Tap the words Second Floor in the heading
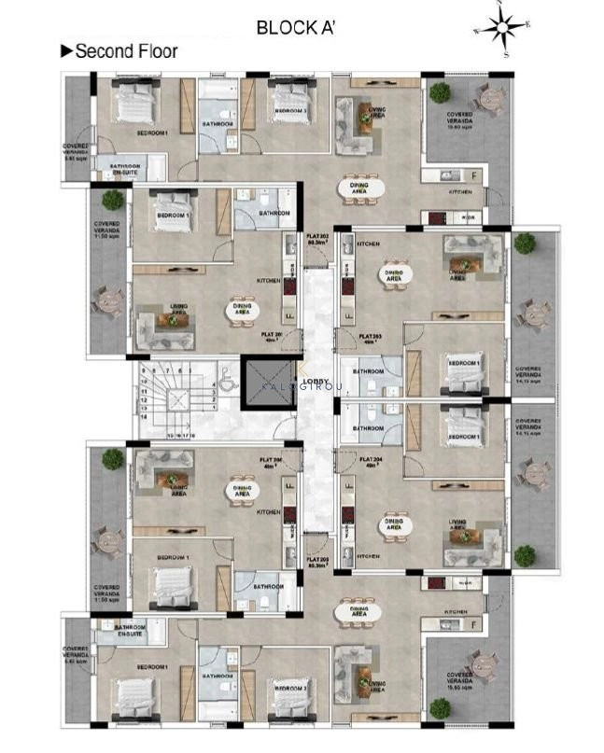tap(125, 51)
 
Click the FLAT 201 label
tap(274, 336)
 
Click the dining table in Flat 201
tap(237, 312)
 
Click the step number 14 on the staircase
tap(143, 420)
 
